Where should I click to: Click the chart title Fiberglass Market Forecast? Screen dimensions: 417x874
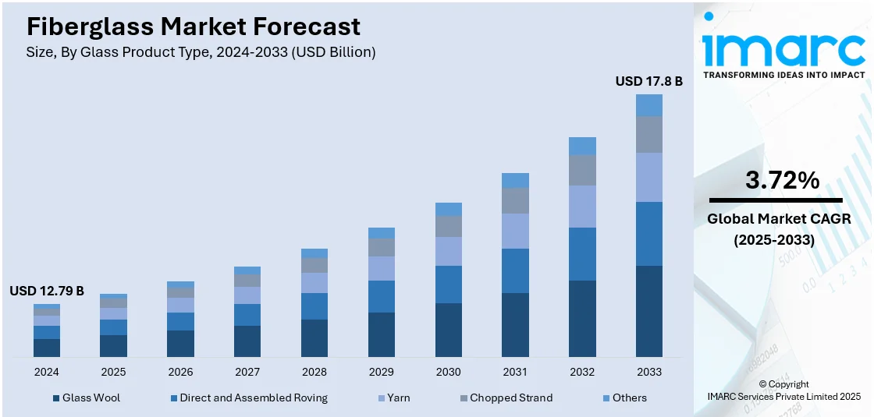194,27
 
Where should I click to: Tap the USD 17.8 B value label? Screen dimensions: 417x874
648,81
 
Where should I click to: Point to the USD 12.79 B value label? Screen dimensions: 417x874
47,291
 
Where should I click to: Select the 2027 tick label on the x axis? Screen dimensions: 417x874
247,372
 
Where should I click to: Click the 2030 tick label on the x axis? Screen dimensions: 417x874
448,372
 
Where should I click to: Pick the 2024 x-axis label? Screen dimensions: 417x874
47,372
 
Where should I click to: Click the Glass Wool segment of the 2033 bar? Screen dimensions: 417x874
648,311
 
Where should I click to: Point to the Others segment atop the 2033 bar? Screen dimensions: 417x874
648,105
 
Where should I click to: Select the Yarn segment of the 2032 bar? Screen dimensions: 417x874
582,207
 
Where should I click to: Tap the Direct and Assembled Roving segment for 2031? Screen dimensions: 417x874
515,270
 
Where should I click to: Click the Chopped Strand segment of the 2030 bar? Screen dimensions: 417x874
448,226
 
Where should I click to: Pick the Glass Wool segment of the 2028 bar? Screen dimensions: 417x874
314,337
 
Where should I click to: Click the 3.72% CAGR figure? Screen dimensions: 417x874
783,181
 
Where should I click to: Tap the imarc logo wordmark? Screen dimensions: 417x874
783,48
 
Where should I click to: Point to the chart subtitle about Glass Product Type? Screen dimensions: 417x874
201,52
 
